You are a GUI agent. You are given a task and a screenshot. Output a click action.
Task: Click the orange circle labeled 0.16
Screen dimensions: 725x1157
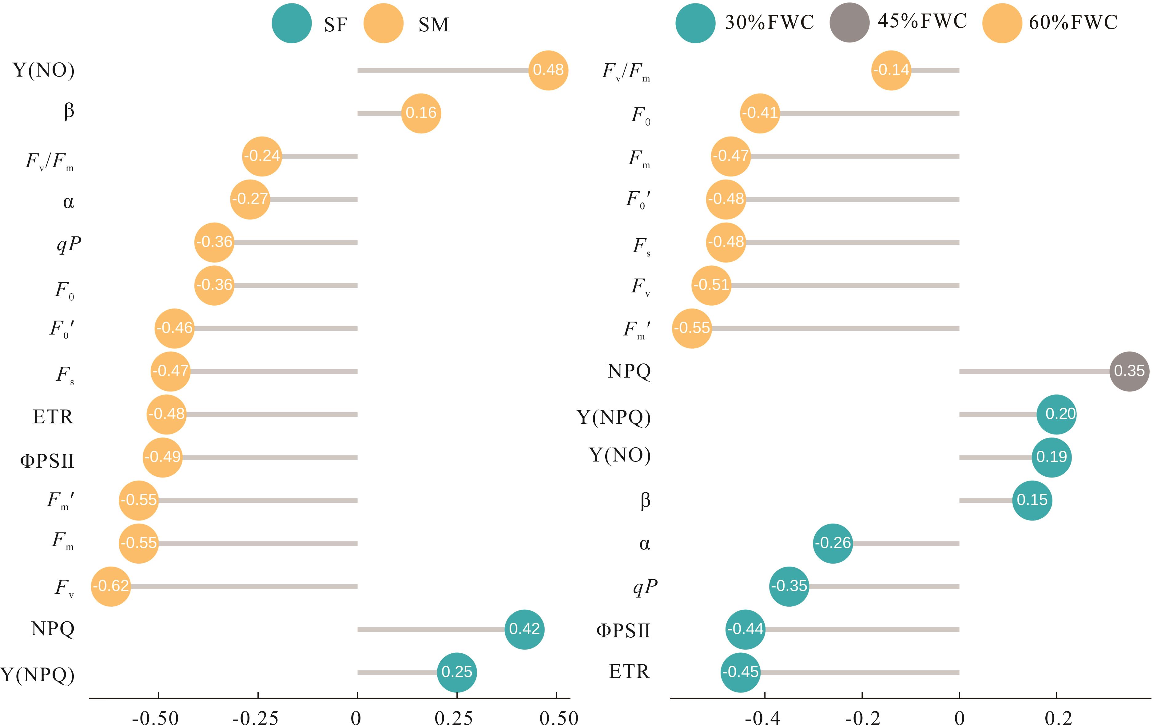pos(420,113)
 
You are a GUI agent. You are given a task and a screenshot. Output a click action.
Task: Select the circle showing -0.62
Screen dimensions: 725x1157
pos(111,586)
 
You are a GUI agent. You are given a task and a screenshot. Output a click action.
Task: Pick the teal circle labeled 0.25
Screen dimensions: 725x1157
pos(456,672)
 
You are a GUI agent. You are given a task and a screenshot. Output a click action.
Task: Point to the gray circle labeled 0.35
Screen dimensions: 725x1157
pos(1129,371)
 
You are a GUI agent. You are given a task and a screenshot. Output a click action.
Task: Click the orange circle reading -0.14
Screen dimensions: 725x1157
pos(891,70)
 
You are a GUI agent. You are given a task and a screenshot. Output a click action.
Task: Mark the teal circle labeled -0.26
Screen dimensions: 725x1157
pos(833,543)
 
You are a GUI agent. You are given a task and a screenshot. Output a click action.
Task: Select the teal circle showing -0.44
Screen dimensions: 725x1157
pos(745,629)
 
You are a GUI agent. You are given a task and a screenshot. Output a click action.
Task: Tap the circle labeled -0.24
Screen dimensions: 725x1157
pos(262,156)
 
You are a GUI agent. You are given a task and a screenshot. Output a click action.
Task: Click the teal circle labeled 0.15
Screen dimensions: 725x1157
pos(1032,500)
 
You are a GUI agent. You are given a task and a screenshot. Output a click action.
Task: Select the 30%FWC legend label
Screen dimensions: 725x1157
pos(769,22)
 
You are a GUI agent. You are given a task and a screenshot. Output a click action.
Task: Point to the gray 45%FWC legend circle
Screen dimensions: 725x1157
pos(849,22)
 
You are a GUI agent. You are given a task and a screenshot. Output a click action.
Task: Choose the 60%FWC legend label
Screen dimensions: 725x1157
pos(1073,22)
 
